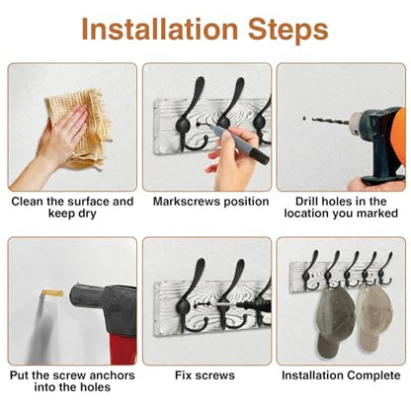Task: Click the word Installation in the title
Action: click(x=160, y=29)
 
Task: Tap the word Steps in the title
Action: click(x=288, y=31)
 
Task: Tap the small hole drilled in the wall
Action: click(x=304, y=118)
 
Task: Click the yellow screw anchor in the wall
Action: click(x=52, y=292)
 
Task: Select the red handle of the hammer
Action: click(x=123, y=349)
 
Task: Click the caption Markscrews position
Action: click(x=210, y=202)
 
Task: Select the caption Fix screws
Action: click(x=205, y=375)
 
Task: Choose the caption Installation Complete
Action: click(x=341, y=375)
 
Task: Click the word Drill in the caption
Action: click(x=306, y=202)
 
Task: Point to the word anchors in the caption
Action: click(x=113, y=375)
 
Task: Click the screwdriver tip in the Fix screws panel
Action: click(x=218, y=305)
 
